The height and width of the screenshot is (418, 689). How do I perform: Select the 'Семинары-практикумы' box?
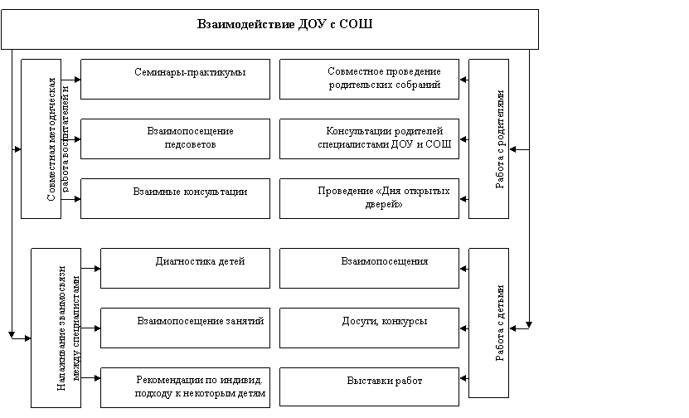175,79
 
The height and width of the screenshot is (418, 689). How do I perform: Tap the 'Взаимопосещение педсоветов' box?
175,139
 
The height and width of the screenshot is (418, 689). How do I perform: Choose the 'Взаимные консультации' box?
175,198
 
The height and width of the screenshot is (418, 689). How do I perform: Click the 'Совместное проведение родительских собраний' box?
369,79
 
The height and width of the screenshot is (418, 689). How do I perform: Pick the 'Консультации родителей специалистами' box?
369,139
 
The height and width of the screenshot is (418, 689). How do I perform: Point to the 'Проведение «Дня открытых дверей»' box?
369,198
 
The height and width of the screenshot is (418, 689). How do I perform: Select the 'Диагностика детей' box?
186,268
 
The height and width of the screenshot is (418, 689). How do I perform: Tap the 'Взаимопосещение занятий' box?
186,328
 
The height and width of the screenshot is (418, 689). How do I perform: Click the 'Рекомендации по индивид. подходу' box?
186,387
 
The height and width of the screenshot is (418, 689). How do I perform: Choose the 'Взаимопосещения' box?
369,268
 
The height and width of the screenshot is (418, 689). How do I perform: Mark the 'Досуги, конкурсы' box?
369,328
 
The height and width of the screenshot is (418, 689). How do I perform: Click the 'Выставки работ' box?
369,386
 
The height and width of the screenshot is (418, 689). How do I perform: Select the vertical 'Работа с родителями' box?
488,139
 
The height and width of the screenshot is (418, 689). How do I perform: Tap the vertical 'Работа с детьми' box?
488,323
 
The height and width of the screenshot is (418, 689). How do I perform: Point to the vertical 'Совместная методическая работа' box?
41,139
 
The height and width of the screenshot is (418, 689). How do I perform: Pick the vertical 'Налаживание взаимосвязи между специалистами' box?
56,328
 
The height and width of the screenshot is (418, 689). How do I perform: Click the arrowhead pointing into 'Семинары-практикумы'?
78,80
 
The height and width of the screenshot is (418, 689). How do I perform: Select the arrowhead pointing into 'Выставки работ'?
463,378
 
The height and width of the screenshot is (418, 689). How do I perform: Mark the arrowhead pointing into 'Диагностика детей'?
98,269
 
